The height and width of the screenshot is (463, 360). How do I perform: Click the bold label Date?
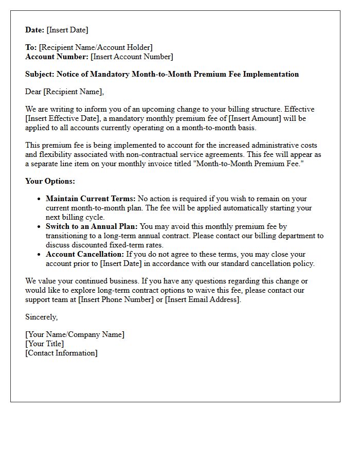35,30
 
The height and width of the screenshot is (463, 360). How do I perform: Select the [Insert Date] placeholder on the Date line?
67,30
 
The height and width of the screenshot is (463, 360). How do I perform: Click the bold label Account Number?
57,57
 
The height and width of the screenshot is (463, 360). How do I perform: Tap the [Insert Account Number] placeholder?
132,57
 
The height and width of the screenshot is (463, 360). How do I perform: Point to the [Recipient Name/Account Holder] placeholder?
96,47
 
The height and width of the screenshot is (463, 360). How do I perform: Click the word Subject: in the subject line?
40,74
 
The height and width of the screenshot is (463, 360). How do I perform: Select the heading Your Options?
50,181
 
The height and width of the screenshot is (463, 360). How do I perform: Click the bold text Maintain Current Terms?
91,199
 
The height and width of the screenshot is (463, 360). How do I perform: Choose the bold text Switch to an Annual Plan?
92,226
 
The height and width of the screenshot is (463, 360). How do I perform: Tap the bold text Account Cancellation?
85,254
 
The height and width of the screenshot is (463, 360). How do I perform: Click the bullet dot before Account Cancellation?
39,255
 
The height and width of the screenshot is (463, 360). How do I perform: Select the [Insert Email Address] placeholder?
203,299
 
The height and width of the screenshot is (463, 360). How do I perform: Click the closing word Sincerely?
42,317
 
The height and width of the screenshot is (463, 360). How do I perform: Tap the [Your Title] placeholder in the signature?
45,344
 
